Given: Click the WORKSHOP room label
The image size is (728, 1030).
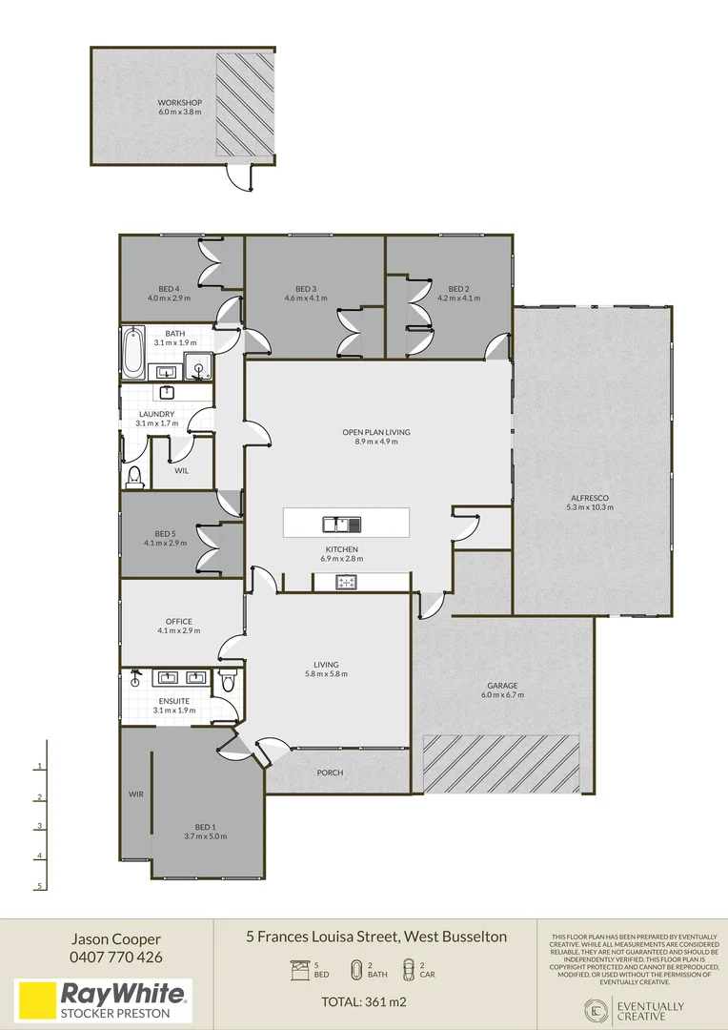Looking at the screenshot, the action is click(180, 102).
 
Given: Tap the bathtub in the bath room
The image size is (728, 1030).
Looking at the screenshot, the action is click(133, 353).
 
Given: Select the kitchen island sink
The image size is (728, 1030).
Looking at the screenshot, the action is click(342, 525).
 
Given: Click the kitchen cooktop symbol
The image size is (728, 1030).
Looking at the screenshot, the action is click(346, 582).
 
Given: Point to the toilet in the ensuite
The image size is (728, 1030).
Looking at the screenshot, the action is click(228, 682).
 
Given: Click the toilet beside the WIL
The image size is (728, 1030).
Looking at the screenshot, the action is click(135, 476).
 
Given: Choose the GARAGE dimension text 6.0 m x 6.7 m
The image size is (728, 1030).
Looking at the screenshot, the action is click(502, 695).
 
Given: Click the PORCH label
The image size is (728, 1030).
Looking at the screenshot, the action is click(331, 772).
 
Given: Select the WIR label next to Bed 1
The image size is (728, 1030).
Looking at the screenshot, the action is click(136, 794).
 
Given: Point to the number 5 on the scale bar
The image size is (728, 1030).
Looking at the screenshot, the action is click(39, 886).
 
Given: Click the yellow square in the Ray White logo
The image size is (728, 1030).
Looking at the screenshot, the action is click(36, 1001).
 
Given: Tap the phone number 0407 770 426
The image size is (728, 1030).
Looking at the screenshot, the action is click(116, 958).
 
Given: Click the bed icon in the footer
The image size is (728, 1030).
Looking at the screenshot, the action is click(300, 970).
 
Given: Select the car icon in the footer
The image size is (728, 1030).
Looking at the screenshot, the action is click(409, 970).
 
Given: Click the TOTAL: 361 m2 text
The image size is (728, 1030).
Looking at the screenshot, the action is click(364, 1001).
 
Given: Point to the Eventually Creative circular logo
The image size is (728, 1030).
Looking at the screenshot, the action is click(597, 1010).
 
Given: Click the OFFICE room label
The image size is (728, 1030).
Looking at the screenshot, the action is click(179, 622).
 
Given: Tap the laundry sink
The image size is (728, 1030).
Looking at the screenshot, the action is click(167, 393).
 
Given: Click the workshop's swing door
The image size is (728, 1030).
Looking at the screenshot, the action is click(239, 178).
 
